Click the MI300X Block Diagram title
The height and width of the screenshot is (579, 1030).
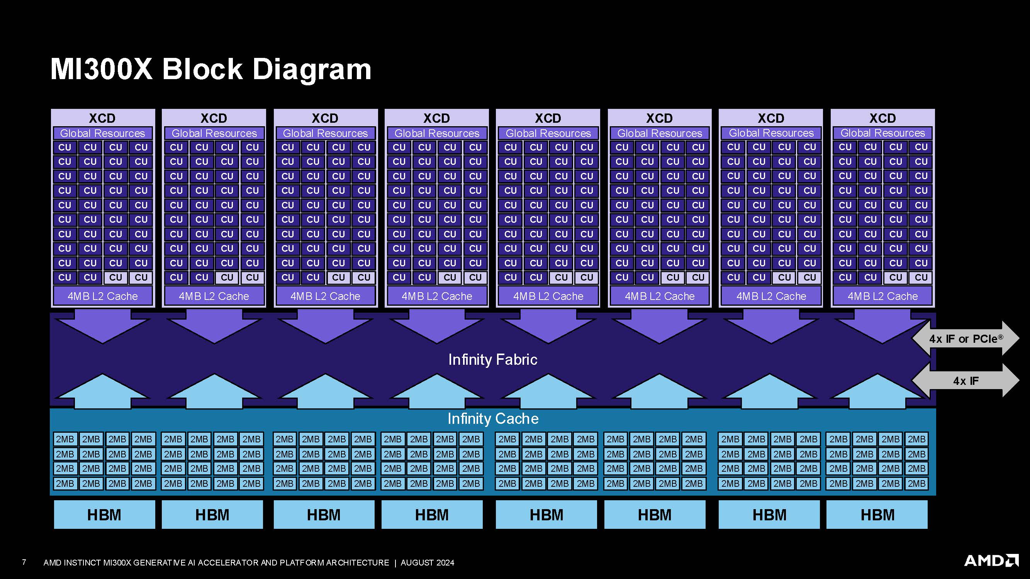[x=211, y=69]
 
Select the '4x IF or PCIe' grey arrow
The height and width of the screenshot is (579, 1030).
[x=966, y=339]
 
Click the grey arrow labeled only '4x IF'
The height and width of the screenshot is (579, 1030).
[x=966, y=381]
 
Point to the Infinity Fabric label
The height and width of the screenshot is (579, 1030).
[x=493, y=360]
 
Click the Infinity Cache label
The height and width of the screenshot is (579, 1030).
[x=493, y=419]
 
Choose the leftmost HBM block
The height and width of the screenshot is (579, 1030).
[x=104, y=515]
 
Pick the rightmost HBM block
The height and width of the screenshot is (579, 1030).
[x=877, y=515]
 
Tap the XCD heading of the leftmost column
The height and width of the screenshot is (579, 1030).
[x=102, y=118]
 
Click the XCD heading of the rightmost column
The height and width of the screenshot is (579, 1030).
[x=883, y=118]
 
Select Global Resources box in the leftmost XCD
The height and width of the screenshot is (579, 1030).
[x=102, y=133]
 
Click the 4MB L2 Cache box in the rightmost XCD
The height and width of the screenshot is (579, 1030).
[x=882, y=296]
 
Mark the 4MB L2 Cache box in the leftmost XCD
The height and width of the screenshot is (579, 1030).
[x=102, y=296]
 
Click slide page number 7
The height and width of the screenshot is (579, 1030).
[x=24, y=562]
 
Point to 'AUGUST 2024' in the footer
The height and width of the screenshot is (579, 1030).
[x=428, y=563]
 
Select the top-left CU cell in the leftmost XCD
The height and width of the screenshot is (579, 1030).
[x=65, y=147]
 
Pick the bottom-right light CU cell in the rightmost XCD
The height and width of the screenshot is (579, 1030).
[x=921, y=277]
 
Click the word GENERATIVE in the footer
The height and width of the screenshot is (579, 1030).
[x=159, y=563]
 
